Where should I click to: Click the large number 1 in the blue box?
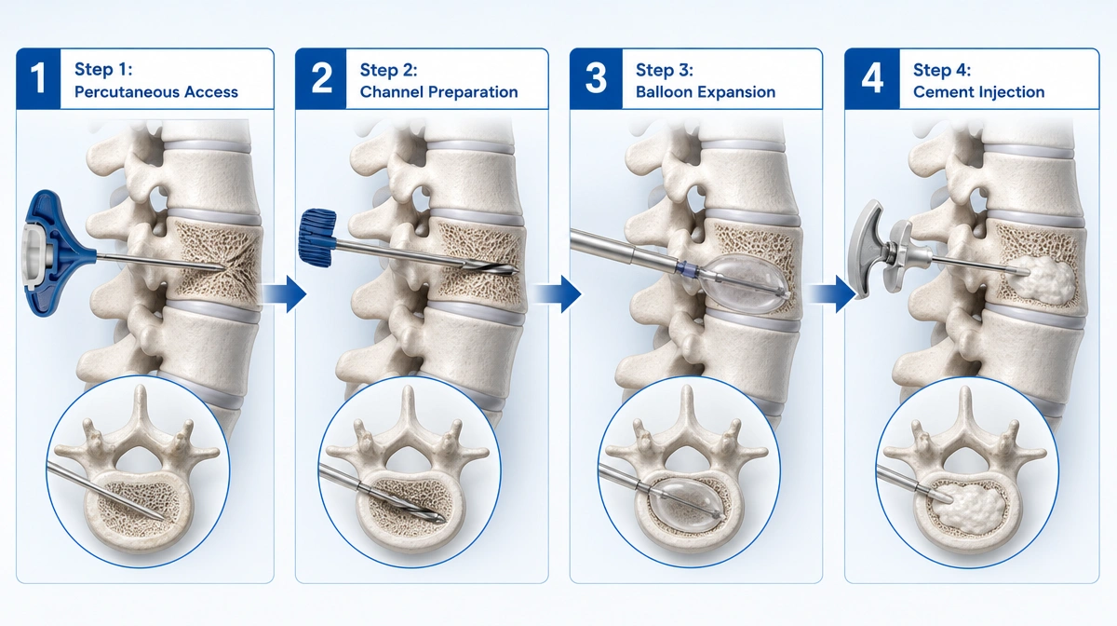[x=37, y=78]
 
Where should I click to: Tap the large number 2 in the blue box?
[x=322, y=78]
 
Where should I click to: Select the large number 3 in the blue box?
[x=596, y=78]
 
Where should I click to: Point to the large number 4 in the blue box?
[x=872, y=78]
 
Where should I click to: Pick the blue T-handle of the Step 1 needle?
[x=55, y=252]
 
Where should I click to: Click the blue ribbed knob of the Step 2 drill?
[x=317, y=238]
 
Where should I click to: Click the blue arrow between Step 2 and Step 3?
[x=558, y=294]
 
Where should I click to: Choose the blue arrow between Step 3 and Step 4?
[x=832, y=294]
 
